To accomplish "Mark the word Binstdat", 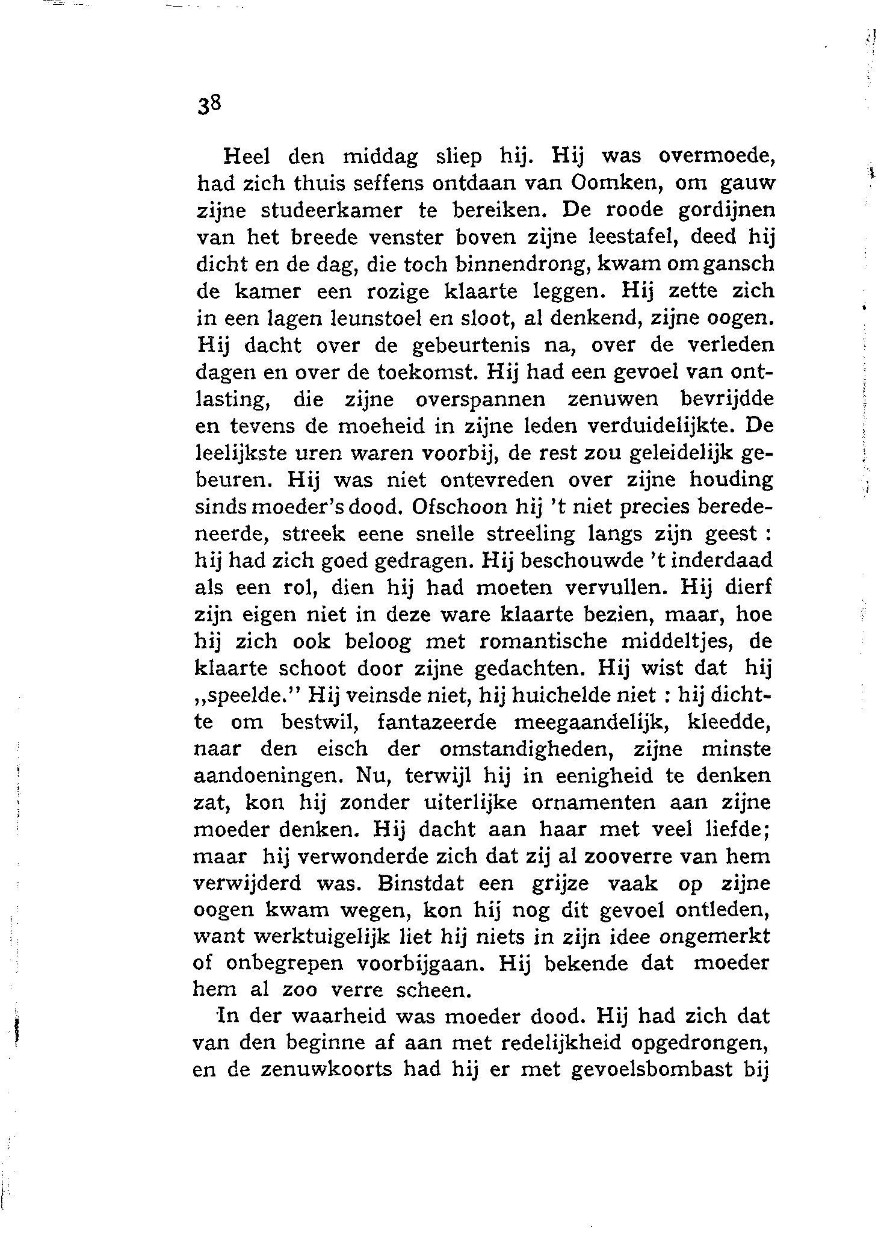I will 421,884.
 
